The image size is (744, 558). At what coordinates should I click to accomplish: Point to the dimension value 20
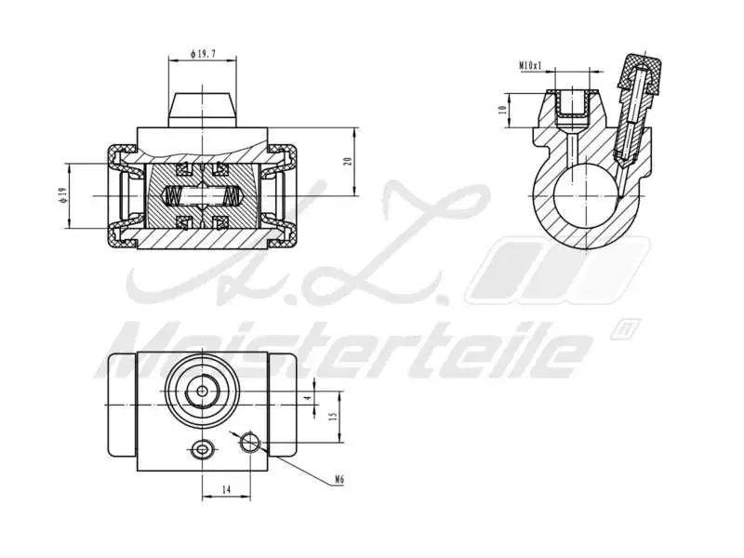tap(347, 161)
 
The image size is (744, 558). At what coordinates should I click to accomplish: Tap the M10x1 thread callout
tap(531, 66)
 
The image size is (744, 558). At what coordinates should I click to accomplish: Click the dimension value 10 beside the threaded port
tap(502, 109)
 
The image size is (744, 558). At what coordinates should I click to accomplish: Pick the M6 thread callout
tap(340, 481)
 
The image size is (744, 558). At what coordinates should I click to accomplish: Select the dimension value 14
tap(225, 487)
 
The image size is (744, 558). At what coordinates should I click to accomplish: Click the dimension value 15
tap(331, 416)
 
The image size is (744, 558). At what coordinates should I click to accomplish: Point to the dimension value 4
tap(310, 397)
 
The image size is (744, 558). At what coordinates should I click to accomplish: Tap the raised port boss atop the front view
tap(202, 110)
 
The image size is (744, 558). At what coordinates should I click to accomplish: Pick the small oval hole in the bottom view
tap(202, 451)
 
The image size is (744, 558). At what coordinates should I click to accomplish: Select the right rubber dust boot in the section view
tap(282, 196)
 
